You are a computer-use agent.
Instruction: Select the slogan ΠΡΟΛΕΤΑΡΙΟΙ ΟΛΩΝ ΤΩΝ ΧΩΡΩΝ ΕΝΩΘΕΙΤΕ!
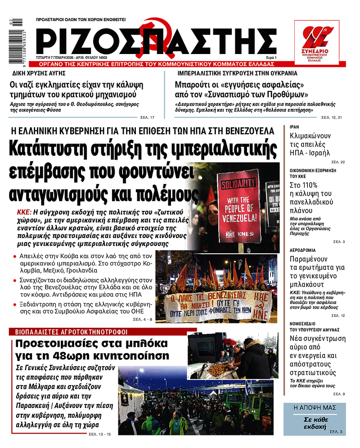point(81,20)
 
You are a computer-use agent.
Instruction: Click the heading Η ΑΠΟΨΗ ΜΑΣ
point(315,407)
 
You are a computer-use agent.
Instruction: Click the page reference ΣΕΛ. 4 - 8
point(142,319)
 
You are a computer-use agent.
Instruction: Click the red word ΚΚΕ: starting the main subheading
point(25,211)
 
